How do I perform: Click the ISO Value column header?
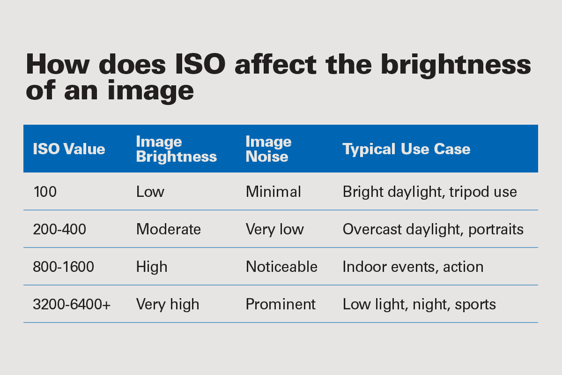(69, 149)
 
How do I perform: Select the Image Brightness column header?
(176, 149)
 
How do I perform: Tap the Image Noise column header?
(268, 149)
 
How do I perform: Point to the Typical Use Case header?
(406, 149)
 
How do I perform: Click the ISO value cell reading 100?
(44, 192)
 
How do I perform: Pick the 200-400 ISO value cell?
(59, 229)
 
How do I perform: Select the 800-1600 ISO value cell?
(63, 267)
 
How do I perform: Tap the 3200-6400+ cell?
(72, 304)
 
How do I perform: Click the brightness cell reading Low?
(150, 192)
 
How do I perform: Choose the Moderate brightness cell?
(168, 229)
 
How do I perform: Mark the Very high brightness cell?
(167, 304)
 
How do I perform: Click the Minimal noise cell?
(273, 192)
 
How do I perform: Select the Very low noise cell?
(274, 229)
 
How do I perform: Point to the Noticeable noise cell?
(281, 267)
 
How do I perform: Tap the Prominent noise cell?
(281, 304)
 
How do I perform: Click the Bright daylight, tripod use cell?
(429, 192)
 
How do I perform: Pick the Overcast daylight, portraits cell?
(433, 229)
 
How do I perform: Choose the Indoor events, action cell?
(413, 267)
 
